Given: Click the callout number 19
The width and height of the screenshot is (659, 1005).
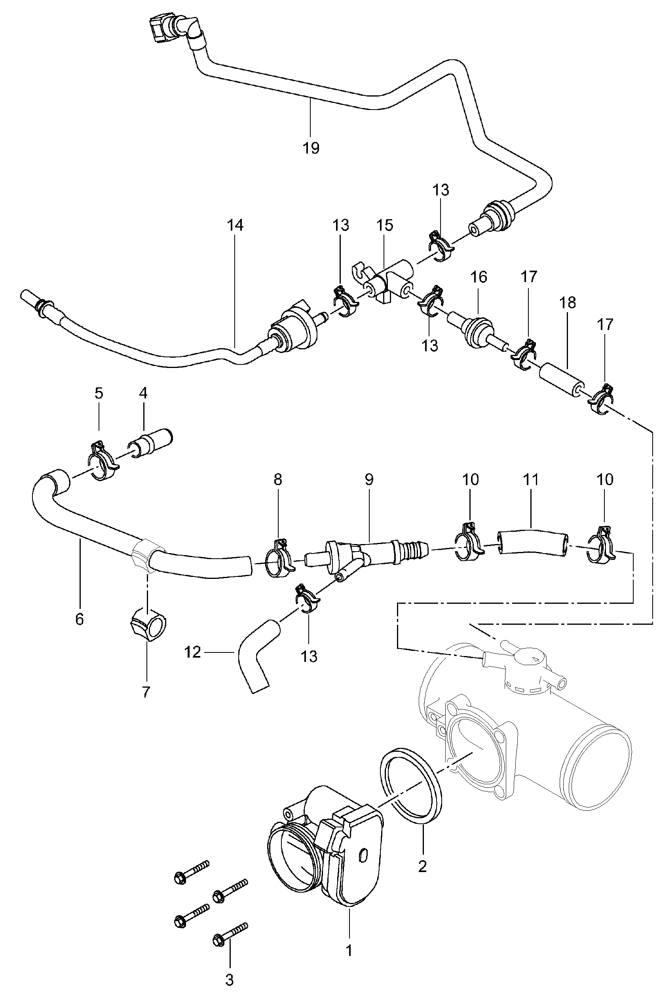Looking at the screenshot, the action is [x=311, y=148].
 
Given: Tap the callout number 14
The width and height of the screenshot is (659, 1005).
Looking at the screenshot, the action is [x=235, y=225].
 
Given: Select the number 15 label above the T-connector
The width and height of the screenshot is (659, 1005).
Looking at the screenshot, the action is [x=384, y=225].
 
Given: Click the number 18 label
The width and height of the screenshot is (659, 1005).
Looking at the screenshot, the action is [x=568, y=303].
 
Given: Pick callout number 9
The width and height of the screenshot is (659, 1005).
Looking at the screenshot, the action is [x=369, y=480].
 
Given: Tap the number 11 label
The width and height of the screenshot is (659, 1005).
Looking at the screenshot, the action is [x=531, y=480].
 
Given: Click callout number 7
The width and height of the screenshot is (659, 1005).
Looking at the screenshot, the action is [x=146, y=692].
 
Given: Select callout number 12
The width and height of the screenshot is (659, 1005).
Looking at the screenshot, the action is [x=193, y=653].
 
